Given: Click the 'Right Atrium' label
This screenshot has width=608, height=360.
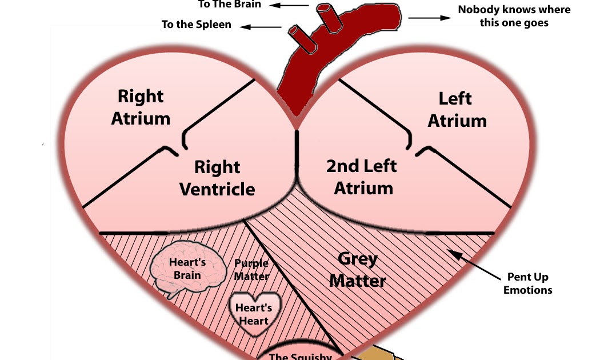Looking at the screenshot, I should [141, 107].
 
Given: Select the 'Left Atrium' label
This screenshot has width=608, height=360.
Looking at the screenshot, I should [457, 109].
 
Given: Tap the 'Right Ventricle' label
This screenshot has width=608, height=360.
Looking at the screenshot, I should [217, 178].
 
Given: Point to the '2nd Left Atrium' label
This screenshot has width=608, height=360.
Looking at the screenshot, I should [362, 177].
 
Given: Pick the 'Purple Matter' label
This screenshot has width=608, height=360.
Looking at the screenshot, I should [251, 270].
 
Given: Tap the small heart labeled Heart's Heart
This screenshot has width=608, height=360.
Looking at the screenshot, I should [254, 313].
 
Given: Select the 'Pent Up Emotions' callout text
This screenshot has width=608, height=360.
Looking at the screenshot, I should [527, 283].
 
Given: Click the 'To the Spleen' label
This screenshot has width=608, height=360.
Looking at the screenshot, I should [197, 25].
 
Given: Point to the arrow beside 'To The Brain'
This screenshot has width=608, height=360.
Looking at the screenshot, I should [291, 6].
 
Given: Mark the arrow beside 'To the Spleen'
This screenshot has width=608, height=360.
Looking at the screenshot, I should [261, 26].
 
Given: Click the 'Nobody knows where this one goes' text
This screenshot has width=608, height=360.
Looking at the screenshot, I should [505, 17].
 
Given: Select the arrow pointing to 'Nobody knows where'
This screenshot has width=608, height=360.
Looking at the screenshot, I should [429, 18].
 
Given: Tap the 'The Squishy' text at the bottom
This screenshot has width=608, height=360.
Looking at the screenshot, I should [300, 356].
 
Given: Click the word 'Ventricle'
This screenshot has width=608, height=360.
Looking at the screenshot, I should [217, 189].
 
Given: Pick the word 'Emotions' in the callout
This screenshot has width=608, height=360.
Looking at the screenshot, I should [527, 290].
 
